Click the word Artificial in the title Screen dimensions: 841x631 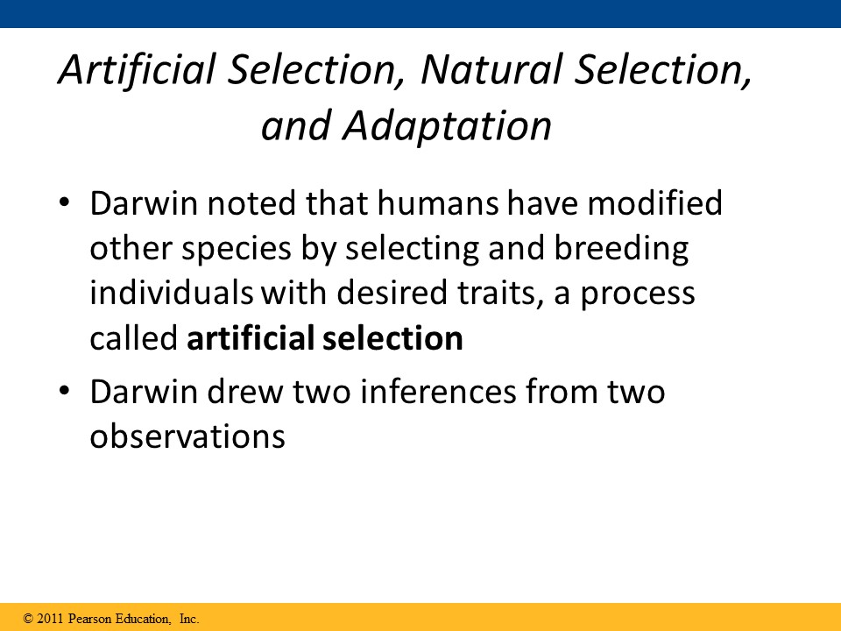click(138, 69)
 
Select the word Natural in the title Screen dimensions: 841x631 click(491, 69)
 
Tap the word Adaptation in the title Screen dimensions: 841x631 click(448, 126)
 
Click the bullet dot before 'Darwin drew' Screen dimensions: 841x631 click(64, 391)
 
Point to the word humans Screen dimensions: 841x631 click(438, 203)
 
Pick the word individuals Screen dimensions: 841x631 click(171, 293)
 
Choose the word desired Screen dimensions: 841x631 click(392, 293)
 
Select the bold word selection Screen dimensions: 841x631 click(392, 338)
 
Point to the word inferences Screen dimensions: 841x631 click(438, 391)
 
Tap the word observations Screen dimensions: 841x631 click(187, 436)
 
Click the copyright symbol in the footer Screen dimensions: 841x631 click(28, 619)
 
